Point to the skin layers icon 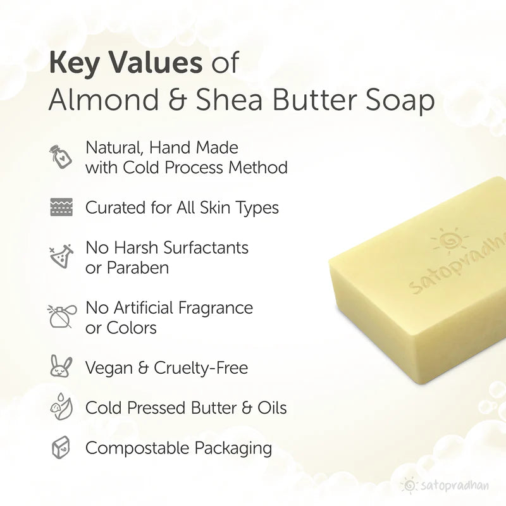click(x=61, y=207)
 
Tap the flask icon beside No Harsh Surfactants click(x=61, y=256)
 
